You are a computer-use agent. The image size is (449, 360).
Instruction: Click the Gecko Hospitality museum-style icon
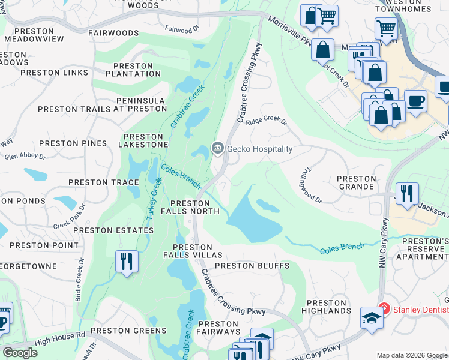[217, 148]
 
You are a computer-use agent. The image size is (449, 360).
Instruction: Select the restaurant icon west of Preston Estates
[127, 262]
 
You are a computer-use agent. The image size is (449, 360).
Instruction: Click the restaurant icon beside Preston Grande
[406, 194]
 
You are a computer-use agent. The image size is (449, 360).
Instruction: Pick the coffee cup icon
[415, 100]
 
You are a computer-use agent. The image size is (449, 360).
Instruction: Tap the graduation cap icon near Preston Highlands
[372, 317]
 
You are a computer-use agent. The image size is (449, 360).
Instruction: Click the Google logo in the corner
[20, 352]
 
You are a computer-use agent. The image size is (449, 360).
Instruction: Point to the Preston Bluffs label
[252, 266]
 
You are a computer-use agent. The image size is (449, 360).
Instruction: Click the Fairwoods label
[113, 34]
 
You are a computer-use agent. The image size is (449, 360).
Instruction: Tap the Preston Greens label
[128, 331]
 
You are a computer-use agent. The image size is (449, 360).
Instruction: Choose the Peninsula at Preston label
[102, 104]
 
